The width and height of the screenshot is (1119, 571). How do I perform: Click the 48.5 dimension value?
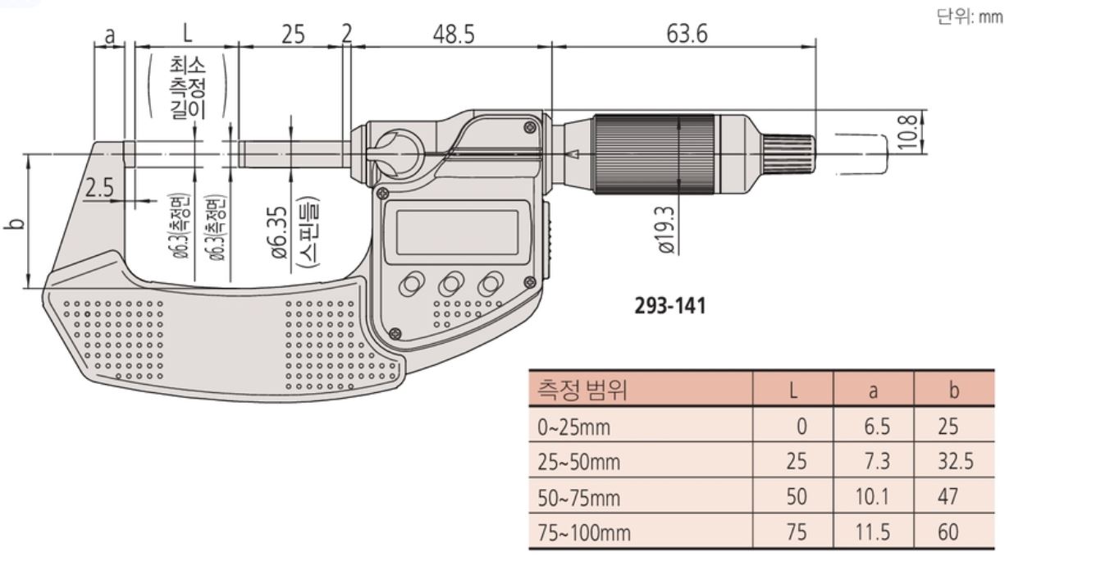454,34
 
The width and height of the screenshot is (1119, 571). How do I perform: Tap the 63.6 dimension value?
687,34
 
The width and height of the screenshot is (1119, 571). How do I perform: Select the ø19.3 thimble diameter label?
667,230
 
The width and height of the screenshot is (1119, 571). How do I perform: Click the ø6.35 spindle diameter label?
280,233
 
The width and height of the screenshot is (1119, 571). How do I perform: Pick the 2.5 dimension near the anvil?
99,188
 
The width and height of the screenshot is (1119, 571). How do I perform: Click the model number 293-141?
670,306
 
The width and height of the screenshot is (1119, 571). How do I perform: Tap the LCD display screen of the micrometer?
457,233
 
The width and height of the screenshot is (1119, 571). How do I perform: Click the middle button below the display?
450,284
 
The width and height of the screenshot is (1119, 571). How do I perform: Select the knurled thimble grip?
654,154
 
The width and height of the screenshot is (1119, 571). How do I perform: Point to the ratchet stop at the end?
789,154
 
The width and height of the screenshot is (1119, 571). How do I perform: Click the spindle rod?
294,154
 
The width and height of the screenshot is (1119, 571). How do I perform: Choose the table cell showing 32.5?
955,461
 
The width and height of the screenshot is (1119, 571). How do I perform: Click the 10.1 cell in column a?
872,496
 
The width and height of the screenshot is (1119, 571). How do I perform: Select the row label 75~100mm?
584,532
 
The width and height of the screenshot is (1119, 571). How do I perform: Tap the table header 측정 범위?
582,390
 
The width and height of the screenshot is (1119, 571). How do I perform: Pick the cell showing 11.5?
872,532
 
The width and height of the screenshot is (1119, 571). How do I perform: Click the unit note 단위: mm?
969,17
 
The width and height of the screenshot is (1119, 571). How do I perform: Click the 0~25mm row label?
574,427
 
